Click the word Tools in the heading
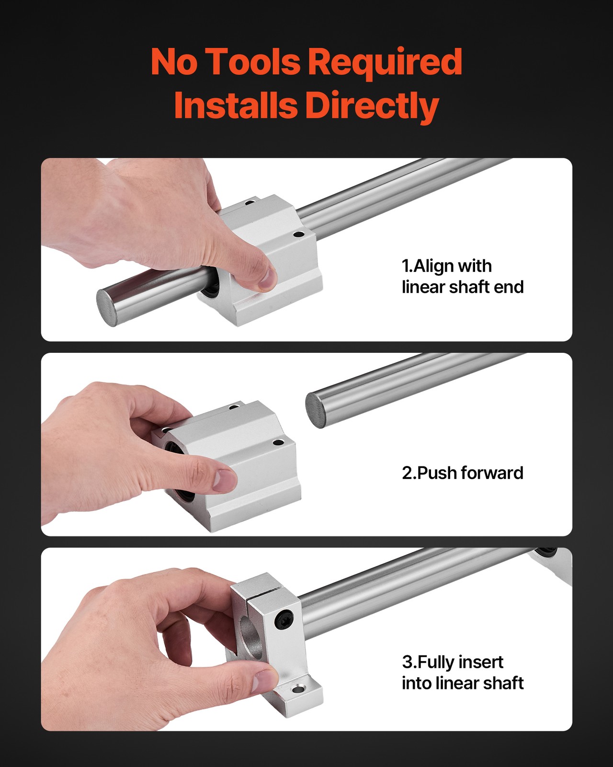coord(254,62)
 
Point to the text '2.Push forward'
coord(463,473)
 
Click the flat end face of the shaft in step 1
coord(108,307)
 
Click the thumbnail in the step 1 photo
coord(267,278)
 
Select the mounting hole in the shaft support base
coord(298,690)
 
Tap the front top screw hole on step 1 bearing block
coord(298,235)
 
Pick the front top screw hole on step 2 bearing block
coord(276,442)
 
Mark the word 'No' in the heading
coord(173,62)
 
